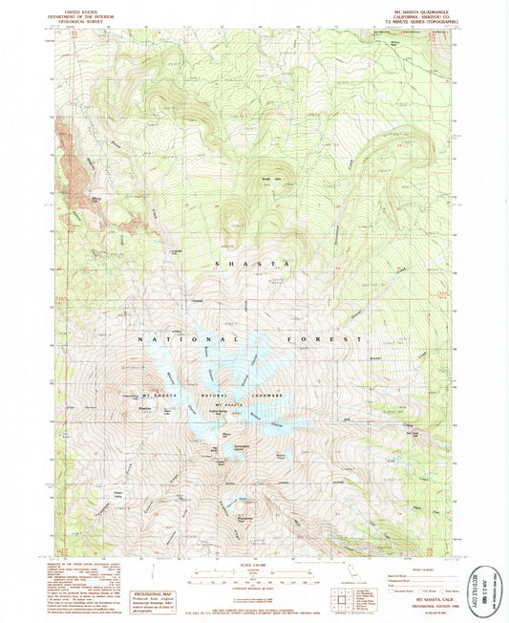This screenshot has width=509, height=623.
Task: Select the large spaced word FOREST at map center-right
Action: [324, 339]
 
